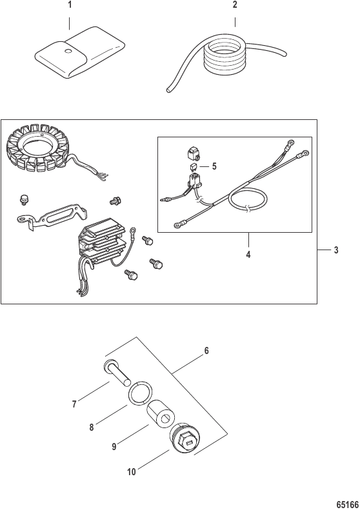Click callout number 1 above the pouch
pos(69,5)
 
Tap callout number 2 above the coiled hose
pos(235,5)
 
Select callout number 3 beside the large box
pos(336,250)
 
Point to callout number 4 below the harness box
pos(248,255)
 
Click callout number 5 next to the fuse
pos(214,166)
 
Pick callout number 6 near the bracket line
pos(206,351)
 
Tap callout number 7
pos(74,404)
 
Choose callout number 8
pos(92,427)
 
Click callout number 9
pos(114,447)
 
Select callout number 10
pos(132,472)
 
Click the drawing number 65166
pos(347,504)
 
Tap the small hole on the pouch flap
pos(68,51)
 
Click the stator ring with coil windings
pos(38,148)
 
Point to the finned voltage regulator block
pos(101,247)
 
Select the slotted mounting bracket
pos(52,216)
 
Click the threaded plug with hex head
pos(185,438)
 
